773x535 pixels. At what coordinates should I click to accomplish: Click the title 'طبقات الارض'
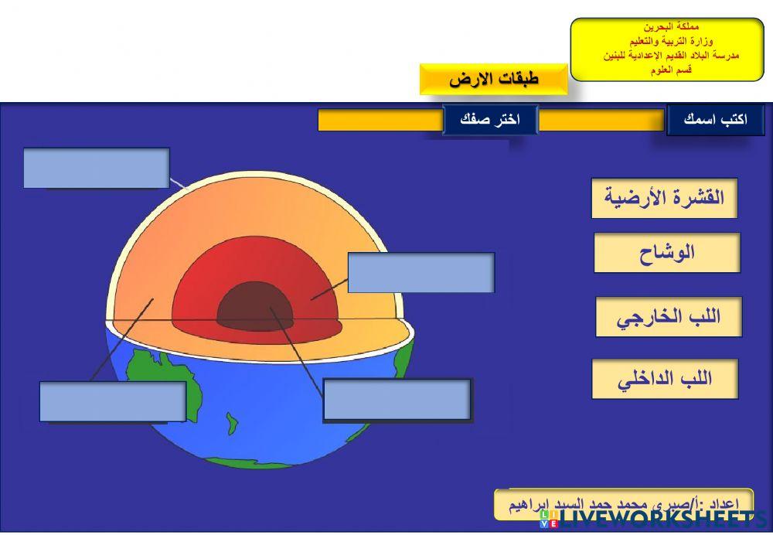pos(493,79)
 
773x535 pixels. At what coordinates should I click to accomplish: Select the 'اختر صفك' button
pos(489,120)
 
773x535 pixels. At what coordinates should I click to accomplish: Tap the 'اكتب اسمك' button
pos(715,120)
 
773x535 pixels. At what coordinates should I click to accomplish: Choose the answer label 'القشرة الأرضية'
pos(664,198)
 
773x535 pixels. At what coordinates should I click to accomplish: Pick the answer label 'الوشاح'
pos(666,253)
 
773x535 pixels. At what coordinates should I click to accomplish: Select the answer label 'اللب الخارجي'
pos(668,317)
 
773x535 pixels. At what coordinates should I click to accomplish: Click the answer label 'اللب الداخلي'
pos(665,379)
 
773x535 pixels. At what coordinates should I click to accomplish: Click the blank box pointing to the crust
pos(96,168)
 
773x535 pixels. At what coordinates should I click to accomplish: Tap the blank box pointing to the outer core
pos(421,272)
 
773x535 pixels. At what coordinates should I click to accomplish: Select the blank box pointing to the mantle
pos(112,401)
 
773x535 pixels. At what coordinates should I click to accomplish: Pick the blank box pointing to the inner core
pos(397,399)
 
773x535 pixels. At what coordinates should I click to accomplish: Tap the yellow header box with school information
pos(666,49)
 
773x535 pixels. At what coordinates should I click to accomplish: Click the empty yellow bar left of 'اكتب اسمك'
pos(601,120)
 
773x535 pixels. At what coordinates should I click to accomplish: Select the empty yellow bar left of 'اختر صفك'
pos(380,120)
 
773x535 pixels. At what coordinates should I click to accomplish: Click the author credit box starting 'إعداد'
pos(623,503)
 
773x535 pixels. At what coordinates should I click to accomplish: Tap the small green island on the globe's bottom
pos(230,422)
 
